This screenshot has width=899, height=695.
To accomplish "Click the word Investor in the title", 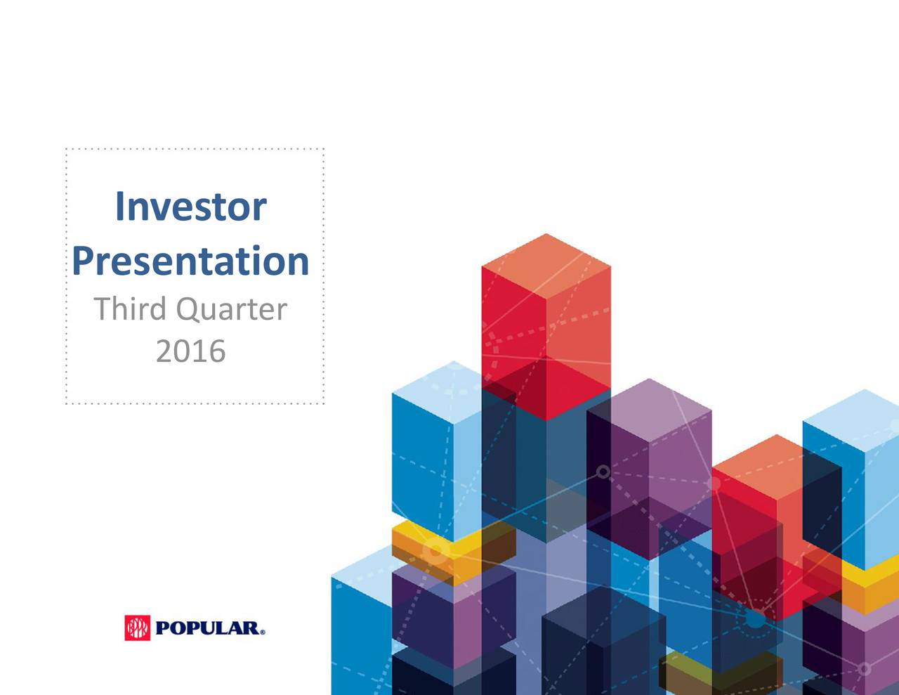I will pyautogui.click(x=190, y=207).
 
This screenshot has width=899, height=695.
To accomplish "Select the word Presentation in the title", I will pyautogui.click(x=190, y=261).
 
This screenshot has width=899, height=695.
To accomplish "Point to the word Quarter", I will pyautogui.click(x=231, y=310).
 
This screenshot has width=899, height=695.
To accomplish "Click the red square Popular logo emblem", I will pyautogui.click(x=138, y=628).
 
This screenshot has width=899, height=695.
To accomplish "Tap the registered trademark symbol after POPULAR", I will pyautogui.click(x=263, y=632).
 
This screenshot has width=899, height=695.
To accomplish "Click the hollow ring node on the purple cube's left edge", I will pyautogui.click(x=603, y=472).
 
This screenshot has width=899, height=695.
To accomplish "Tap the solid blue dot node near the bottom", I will pyautogui.click(x=754, y=619).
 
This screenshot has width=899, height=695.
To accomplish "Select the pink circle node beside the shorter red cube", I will pyautogui.click(x=714, y=483).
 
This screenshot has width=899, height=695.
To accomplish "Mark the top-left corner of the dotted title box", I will pyautogui.click(x=66, y=149).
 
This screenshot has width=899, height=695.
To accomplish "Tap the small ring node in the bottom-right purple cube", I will pyautogui.click(x=865, y=668).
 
